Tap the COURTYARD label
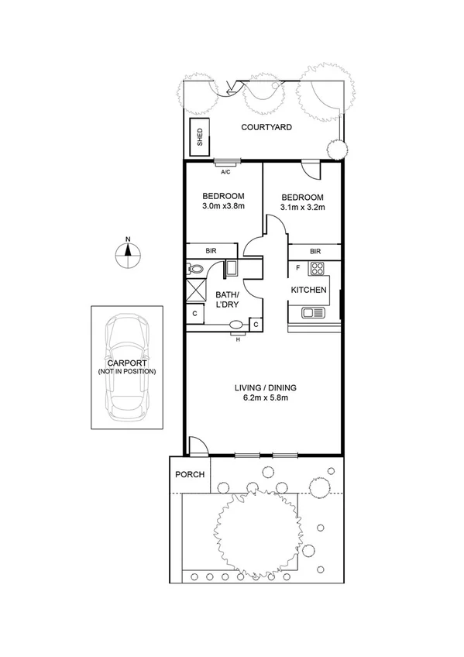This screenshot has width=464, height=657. click(266, 127)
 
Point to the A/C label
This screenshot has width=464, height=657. click(227, 172)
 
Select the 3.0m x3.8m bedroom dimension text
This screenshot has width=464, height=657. click(223, 207)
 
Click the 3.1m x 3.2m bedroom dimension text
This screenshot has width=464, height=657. click(302, 207)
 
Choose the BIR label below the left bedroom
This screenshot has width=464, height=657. click(210, 251)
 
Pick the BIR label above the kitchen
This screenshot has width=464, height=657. click(315, 251)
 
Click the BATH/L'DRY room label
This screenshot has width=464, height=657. click(227, 300)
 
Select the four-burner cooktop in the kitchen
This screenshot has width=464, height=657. click(316, 270)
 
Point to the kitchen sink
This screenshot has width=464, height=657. click(313, 312)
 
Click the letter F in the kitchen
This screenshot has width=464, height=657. click(297, 267)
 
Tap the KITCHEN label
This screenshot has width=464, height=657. click(308, 291)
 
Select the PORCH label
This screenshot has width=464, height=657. click(187, 474)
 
